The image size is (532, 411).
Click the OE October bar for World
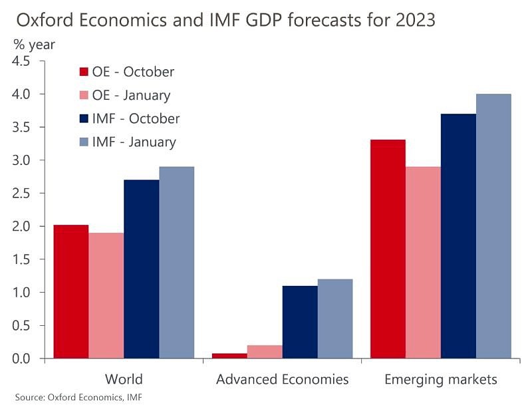coord(71,292)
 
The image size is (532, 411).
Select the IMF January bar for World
coord(176,263)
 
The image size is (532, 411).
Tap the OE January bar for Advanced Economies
coord(265,352)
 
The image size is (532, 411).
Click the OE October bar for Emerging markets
coord(388,249)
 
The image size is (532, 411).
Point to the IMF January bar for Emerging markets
coord(493,226)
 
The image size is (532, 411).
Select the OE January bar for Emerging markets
coord(423,263)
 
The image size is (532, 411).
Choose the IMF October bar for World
coord(141,269)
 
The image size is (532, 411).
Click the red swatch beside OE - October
coord(84,72)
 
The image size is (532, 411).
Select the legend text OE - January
coord(132,95)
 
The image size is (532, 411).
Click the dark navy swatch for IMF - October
coord(84,119)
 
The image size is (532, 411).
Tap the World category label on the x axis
coord(124,380)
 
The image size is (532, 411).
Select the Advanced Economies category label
coord(282,380)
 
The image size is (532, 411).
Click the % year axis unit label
coord(34,45)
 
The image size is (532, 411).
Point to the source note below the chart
coord(78,398)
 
